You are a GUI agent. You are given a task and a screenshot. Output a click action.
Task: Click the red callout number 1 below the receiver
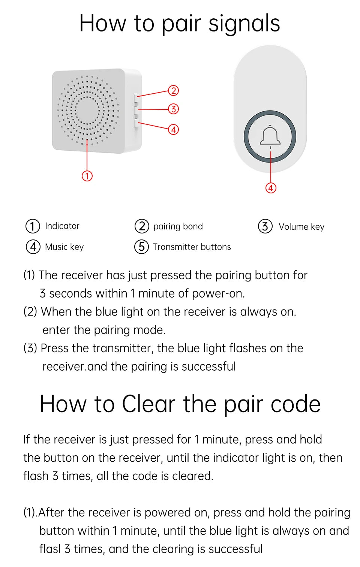[87, 176]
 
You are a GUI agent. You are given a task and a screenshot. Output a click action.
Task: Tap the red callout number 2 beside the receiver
[173, 91]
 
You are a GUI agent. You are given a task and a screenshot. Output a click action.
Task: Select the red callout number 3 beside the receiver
[173, 109]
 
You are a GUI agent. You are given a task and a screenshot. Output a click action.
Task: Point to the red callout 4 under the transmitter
[271, 188]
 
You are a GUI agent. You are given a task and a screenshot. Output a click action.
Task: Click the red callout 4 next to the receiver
[173, 130]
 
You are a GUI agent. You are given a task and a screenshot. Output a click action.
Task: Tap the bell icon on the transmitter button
[270, 136]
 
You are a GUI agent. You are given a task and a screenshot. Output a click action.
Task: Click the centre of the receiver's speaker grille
[88, 110]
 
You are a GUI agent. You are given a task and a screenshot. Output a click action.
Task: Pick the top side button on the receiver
[136, 98]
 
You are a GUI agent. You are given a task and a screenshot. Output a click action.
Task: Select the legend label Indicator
[62, 226]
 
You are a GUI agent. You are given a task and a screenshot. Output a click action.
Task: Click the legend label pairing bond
[178, 226]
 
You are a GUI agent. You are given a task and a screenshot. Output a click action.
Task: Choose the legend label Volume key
[301, 227]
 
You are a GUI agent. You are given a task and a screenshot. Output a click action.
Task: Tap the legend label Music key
[64, 247]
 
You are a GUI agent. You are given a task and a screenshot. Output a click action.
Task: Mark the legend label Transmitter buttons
[192, 247]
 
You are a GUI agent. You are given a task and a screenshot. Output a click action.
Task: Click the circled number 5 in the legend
[141, 247]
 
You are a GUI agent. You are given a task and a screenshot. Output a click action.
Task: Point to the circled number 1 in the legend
[33, 226]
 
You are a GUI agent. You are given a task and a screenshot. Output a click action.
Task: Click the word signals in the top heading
[244, 23]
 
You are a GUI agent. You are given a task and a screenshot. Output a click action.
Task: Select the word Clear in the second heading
[148, 404]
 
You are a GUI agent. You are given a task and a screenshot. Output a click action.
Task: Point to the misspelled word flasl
[49, 549]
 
